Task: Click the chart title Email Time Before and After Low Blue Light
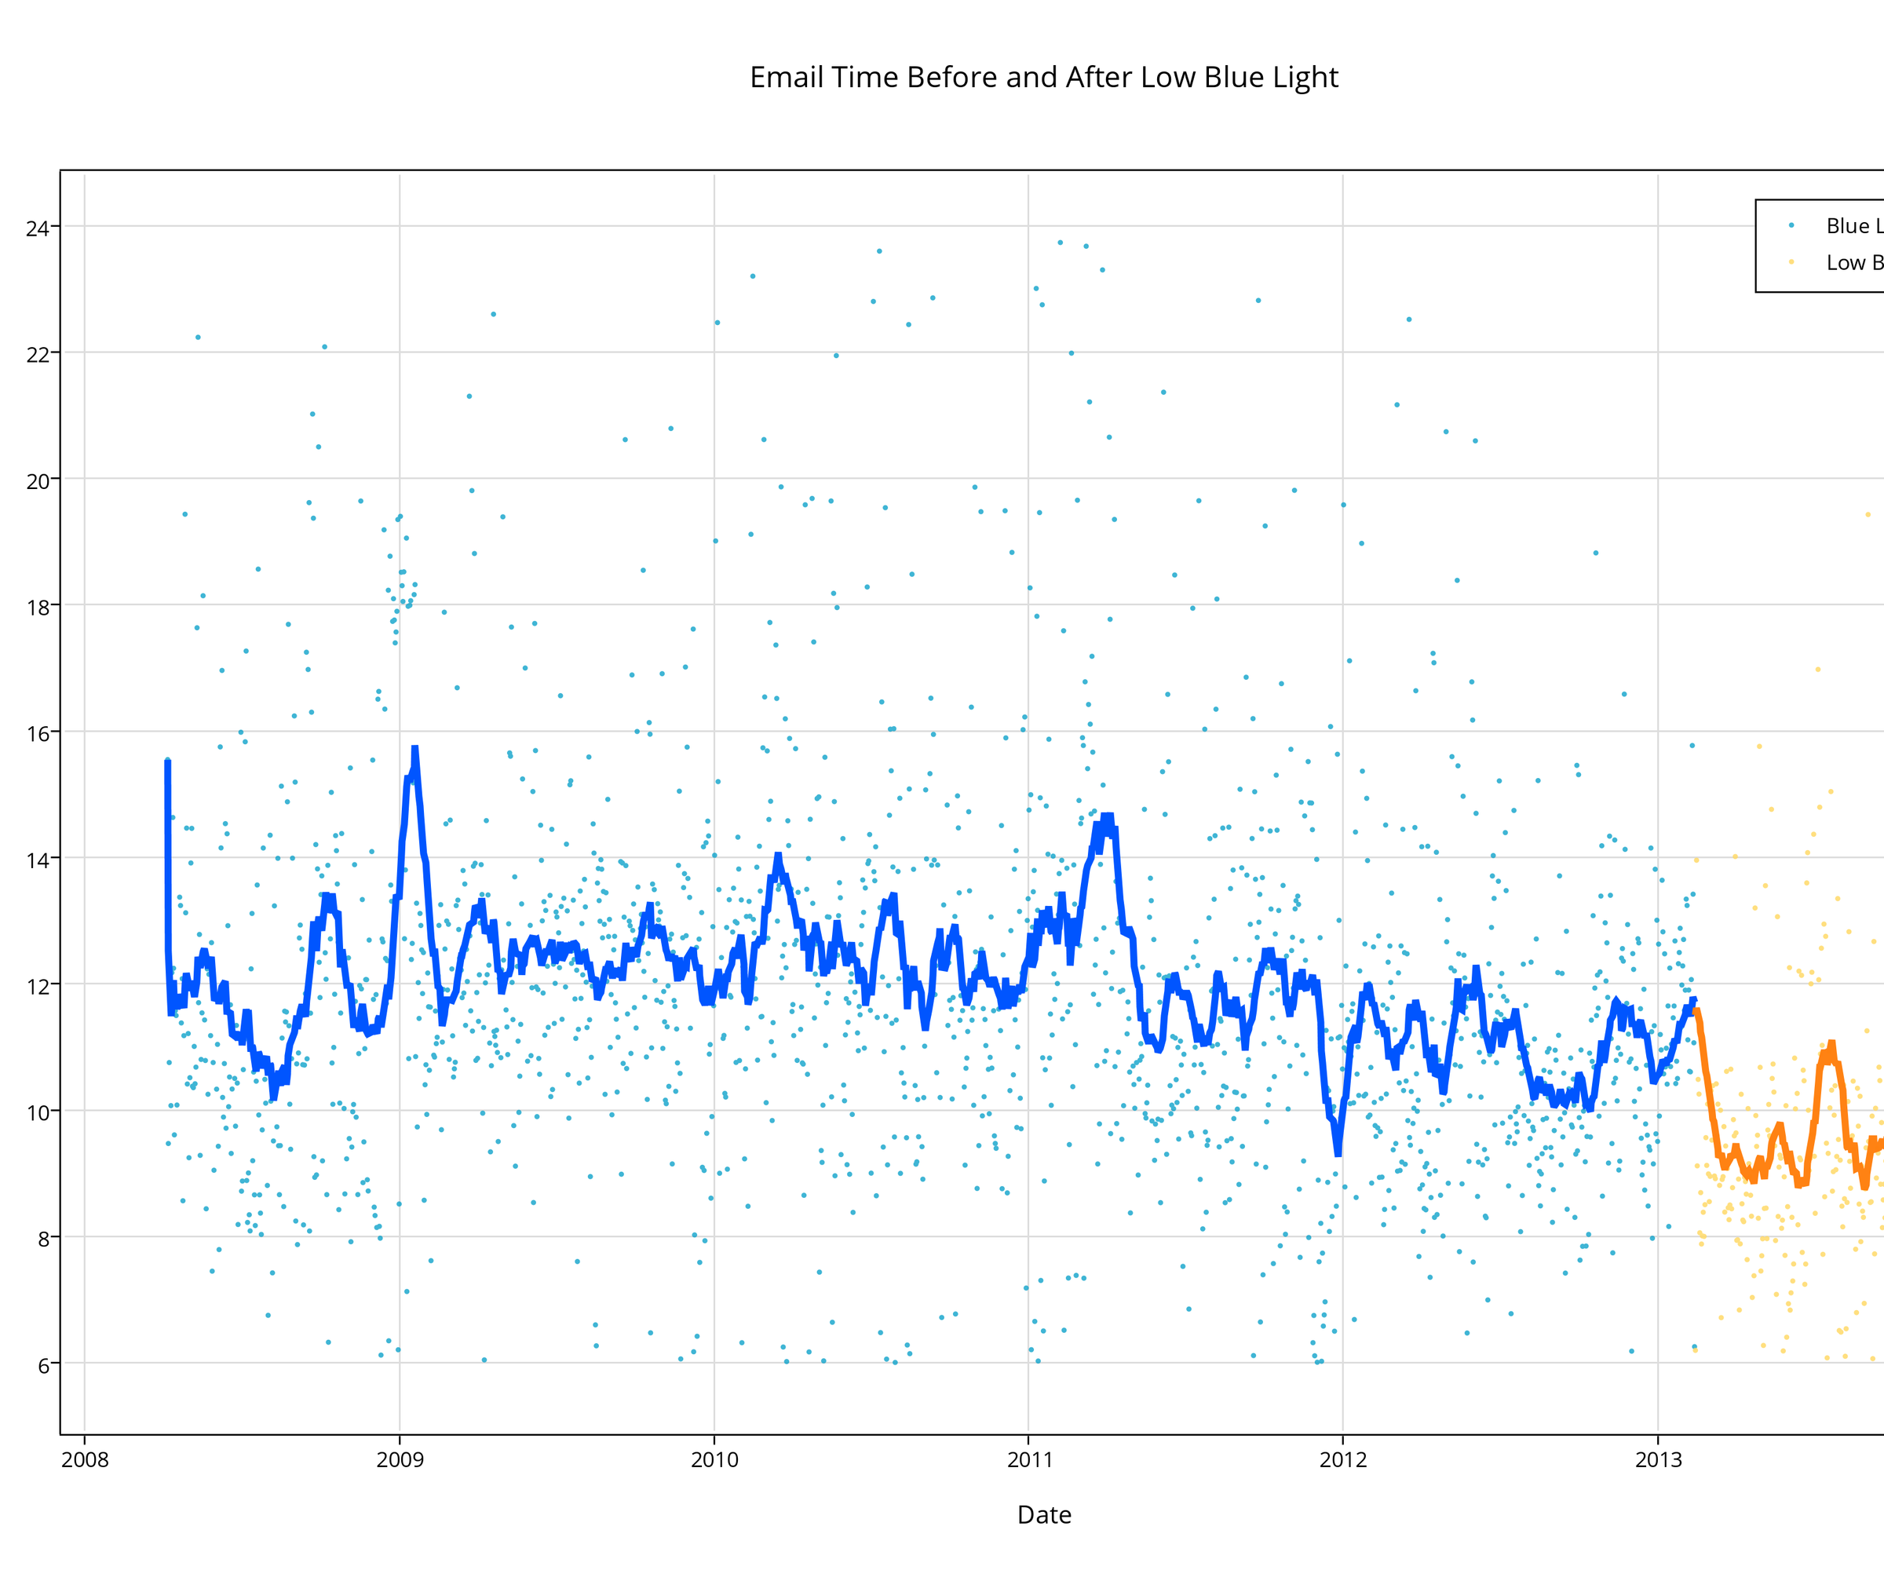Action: coord(1043,78)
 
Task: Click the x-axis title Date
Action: coord(1043,1515)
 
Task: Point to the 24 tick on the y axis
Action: coord(38,228)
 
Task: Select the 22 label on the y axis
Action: coord(38,354)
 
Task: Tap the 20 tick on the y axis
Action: coord(38,481)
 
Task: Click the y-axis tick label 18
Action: coord(38,608)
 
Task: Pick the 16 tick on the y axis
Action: coord(38,734)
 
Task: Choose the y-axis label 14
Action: coord(38,860)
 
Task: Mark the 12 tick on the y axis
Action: coord(38,986)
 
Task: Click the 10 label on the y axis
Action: coord(38,1112)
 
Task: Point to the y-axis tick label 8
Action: coord(43,1239)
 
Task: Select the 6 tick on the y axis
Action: coord(43,1365)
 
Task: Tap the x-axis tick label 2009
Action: coord(400,1459)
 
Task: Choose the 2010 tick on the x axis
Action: coord(714,1459)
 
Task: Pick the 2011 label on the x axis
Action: coord(1029,1459)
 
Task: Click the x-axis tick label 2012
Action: coord(1343,1459)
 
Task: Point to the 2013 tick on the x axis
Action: coord(1658,1459)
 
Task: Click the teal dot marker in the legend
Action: coord(1791,225)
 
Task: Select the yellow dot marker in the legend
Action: coord(1791,262)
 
